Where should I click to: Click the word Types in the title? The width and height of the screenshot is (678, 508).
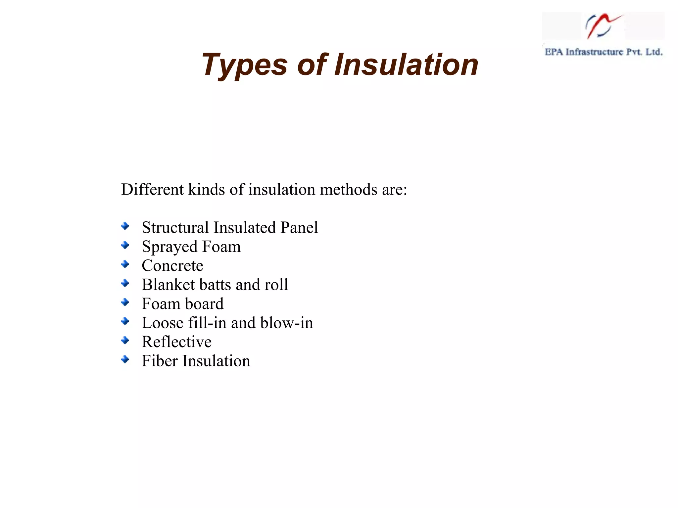(x=244, y=65)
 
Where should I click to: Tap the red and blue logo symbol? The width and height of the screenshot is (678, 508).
(x=602, y=26)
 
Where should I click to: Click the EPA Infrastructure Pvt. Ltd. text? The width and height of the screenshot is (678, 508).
(x=603, y=52)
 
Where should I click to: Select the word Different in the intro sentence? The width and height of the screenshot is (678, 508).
(x=152, y=190)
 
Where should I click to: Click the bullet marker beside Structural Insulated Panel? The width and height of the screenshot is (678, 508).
(x=125, y=226)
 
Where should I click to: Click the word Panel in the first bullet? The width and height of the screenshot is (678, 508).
(x=299, y=228)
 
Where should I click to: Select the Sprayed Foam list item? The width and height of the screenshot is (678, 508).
(x=191, y=247)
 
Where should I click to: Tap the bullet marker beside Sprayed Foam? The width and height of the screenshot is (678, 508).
(x=125, y=245)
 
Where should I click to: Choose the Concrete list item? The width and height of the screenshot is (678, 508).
(x=172, y=266)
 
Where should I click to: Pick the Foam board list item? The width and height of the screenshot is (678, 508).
(x=182, y=304)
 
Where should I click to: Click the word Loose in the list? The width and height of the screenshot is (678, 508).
(x=162, y=323)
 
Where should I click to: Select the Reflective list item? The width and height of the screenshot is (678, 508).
(x=176, y=342)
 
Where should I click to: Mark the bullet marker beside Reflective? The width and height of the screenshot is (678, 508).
(x=125, y=340)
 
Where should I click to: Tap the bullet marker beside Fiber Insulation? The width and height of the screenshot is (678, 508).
(x=125, y=359)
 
